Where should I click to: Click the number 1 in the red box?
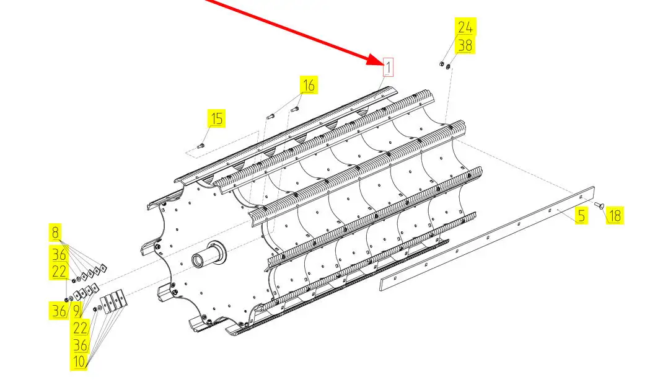[388, 67]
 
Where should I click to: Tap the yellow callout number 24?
[465, 27]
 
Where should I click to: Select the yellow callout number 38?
[465, 45]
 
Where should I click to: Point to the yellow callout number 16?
[309, 85]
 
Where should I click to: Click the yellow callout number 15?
[216, 118]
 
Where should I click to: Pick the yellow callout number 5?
[581, 216]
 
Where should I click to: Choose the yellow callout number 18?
[615, 216]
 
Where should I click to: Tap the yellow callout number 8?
[55, 233]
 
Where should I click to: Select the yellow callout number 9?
[76, 311]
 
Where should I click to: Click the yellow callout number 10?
[79, 362]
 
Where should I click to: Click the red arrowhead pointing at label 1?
[374, 60]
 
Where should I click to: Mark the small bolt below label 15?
[201, 146]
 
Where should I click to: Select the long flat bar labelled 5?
[487, 238]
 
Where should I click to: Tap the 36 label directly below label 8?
[59, 254]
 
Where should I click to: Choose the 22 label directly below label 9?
[80, 328]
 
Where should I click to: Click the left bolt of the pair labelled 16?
[270, 115]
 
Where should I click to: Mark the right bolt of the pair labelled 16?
[294, 109]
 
